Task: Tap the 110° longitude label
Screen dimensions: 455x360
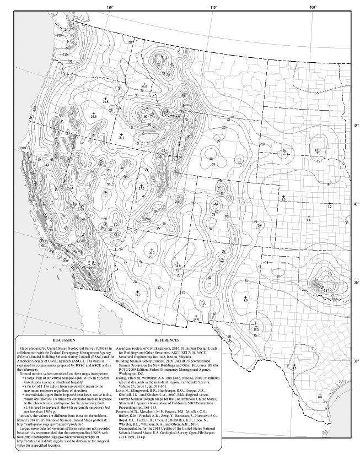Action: coord(213,8)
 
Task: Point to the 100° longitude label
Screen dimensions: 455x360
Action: coord(313,8)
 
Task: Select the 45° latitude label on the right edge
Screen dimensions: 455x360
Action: coord(356,126)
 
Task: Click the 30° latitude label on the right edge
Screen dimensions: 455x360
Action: coord(356,361)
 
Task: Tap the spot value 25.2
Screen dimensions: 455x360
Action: coord(121,137)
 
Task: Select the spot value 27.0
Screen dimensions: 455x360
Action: coord(141,189)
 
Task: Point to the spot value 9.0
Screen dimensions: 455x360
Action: coord(309,220)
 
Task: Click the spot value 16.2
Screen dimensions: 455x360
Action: coord(137,295)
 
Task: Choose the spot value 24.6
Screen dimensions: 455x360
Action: coord(196,319)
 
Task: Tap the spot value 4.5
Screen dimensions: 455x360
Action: coord(294,367)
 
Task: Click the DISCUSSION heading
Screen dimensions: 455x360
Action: coord(56,341)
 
